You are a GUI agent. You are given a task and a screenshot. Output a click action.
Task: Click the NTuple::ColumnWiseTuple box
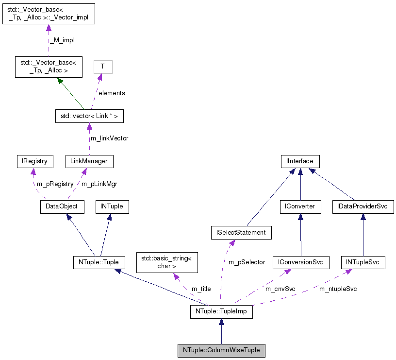[221, 350]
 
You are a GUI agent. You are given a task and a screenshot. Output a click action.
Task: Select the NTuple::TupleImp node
[221, 311]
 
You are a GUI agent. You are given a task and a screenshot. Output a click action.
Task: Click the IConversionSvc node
[301, 263]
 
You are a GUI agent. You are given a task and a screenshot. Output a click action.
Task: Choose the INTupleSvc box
[363, 263]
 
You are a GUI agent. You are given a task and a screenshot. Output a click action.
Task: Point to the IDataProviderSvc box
[363, 206]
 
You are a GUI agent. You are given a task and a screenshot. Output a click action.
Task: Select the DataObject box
[62, 206]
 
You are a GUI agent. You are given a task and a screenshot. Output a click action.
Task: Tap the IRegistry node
[32, 161]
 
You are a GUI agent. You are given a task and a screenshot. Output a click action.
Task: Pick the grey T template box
[102, 67]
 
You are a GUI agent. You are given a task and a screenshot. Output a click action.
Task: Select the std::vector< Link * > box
[89, 116]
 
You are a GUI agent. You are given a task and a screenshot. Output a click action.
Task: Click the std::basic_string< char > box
[167, 262]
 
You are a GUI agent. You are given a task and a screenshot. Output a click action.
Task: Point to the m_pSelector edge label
[247, 262]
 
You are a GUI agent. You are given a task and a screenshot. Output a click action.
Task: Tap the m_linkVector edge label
[110, 138]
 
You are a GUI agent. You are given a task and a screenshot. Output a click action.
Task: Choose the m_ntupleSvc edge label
[338, 289]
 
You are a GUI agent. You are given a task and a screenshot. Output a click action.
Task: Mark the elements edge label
[112, 93]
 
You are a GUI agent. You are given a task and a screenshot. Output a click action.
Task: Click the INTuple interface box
[112, 206]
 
